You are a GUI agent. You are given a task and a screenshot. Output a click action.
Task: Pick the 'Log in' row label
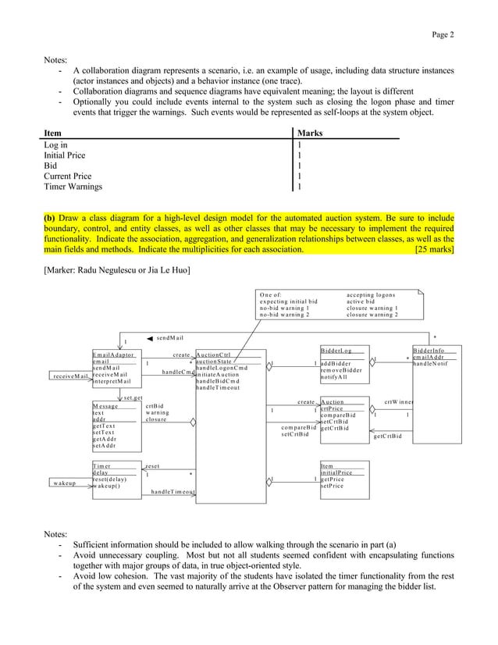(55, 145)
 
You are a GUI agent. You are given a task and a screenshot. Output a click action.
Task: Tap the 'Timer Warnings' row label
(73, 187)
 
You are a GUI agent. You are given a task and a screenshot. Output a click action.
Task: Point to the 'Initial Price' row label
(66, 155)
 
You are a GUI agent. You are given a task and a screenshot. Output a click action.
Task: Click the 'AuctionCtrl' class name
(215, 355)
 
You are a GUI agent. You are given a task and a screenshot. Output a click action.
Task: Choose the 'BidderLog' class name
(336, 351)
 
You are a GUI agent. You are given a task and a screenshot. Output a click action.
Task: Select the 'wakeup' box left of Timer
(66, 483)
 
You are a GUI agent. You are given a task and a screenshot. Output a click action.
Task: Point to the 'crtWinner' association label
(399, 402)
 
